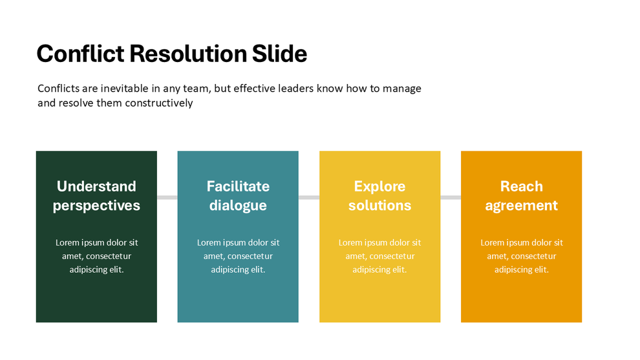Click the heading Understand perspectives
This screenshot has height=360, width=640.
click(x=96, y=196)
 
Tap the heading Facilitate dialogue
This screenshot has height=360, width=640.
click(x=238, y=196)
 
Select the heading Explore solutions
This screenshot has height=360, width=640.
click(x=379, y=196)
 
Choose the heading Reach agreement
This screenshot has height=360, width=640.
click(x=521, y=196)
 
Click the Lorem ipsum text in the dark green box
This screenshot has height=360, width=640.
click(x=96, y=256)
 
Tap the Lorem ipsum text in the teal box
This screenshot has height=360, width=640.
click(x=238, y=256)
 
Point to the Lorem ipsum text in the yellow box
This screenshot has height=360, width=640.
click(x=379, y=256)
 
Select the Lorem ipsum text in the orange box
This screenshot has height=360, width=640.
click(x=521, y=256)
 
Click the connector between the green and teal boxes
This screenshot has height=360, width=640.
click(x=167, y=197)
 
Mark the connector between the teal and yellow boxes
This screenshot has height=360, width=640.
click(x=309, y=197)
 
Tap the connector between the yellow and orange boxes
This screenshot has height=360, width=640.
click(x=451, y=197)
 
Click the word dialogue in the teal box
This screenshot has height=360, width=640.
click(x=238, y=206)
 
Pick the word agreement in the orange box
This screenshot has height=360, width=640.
click(x=521, y=206)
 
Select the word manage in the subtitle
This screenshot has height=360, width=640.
click(x=402, y=89)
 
